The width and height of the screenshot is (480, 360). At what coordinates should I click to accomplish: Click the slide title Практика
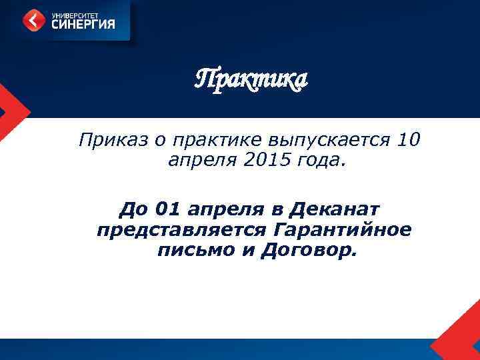point(251,80)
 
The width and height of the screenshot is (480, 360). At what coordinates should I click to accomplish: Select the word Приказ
point(105,141)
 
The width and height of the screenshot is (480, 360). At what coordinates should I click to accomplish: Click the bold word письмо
point(190,251)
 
